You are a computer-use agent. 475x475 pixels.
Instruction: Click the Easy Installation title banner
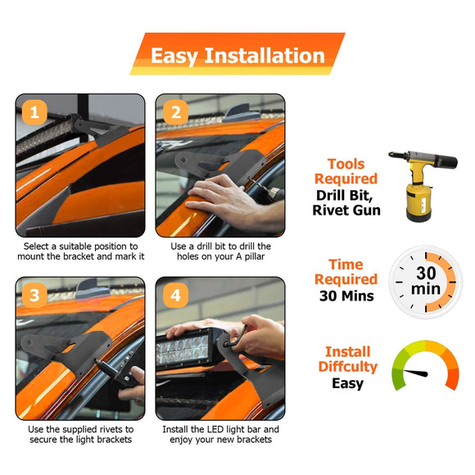tap(237, 55)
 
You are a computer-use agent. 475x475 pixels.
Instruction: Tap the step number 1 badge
tap(33, 112)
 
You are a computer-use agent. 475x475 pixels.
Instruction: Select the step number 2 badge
tap(174, 112)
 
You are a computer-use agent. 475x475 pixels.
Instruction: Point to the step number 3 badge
tap(33, 295)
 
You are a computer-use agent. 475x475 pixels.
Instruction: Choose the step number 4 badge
tap(174, 295)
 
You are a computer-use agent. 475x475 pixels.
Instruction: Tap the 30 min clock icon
tap(425, 283)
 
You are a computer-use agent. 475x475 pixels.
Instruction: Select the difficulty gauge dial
tap(425, 369)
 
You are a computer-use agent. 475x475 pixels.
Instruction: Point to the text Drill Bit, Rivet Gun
tap(346, 202)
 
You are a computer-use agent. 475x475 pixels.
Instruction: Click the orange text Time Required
tap(346, 273)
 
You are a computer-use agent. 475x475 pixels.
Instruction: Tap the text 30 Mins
tap(346, 296)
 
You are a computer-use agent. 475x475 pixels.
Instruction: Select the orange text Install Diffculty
tap(347, 359)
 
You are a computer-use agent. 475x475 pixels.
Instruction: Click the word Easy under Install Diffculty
tap(347, 383)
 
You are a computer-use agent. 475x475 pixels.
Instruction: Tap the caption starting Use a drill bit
tap(220, 251)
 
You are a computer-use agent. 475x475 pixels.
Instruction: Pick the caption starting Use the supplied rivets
tap(79, 435)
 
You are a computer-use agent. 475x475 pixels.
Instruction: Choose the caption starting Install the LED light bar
tap(220, 435)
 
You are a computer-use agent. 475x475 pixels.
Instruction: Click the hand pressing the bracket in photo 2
tap(222, 197)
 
